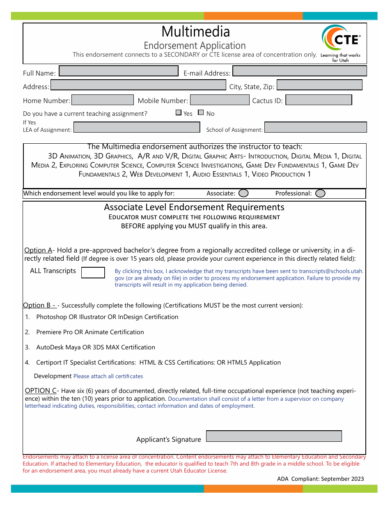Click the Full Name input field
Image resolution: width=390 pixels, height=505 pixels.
(119, 71)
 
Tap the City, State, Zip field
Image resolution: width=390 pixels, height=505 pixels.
(319, 85)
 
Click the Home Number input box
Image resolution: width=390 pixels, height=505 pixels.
(103, 100)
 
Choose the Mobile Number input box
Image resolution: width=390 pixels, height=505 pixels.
(220, 100)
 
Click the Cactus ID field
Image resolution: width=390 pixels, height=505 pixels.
(319, 100)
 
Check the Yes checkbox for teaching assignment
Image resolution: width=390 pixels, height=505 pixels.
(179, 112)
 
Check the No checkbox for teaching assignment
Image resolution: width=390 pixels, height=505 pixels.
(201, 112)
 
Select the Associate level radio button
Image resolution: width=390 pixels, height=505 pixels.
(243, 193)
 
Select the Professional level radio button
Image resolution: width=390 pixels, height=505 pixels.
(320, 193)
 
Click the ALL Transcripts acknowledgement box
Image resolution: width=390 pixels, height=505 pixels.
(93, 272)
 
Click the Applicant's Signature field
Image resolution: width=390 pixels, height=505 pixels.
(273, 436)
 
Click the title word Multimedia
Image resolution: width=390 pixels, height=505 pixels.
(195, 32)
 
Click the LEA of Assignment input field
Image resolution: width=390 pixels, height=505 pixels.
(136, 127)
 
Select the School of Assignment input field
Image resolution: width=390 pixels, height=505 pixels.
(315, 127)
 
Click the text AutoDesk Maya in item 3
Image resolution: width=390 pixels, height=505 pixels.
(58, 347)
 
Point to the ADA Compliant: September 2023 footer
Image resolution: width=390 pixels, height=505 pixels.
(320, 479)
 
